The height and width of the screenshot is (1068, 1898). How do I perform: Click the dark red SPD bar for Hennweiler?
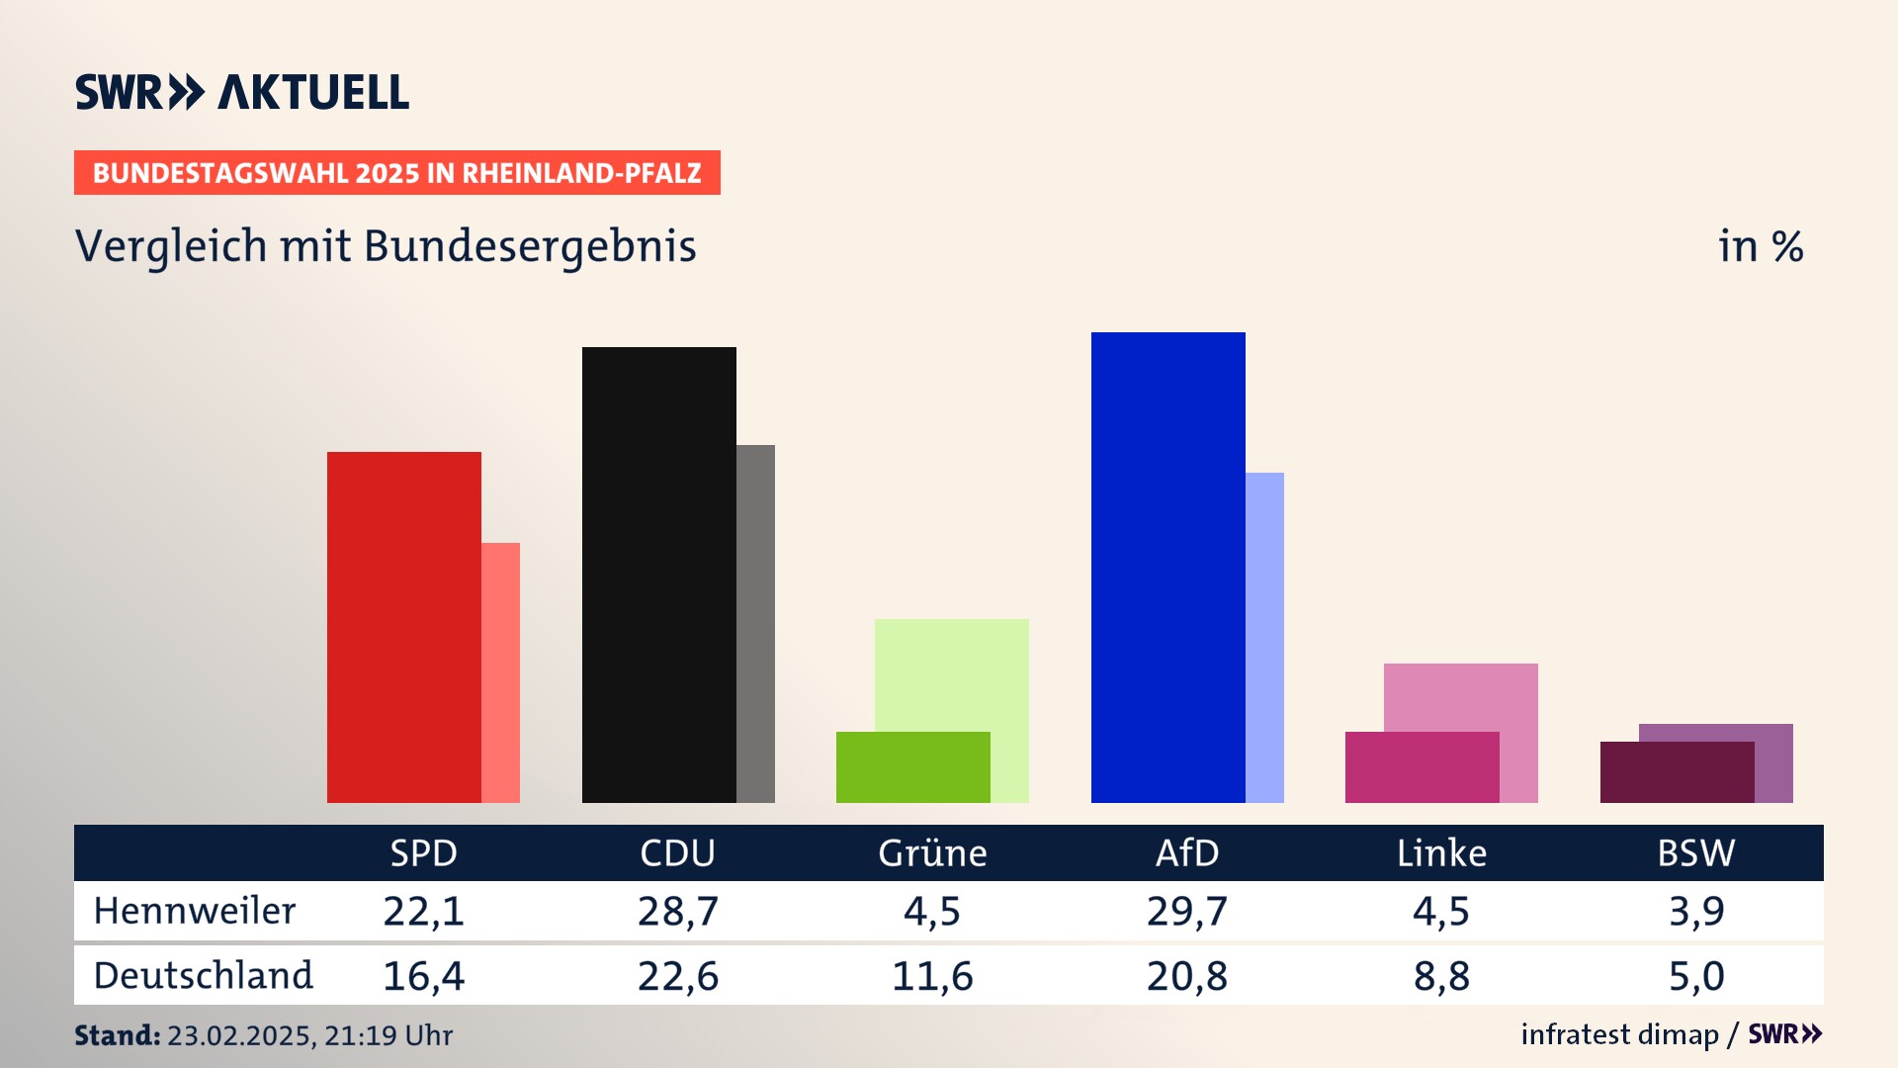[x=403, y=627]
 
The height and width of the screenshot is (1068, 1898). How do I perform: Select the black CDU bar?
[x=658, y=575]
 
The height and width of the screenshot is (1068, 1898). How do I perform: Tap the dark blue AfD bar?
[x=1167, y=567]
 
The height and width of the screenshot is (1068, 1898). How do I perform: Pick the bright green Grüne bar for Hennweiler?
[x=912, y=767]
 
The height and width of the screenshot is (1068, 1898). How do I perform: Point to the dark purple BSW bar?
[x=1677, y=772]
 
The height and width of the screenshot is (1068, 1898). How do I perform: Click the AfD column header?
[x=1187, y=853]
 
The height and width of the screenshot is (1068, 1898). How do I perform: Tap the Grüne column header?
[x=932, y=853]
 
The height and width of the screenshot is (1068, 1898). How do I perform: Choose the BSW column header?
[x=1696, y=853]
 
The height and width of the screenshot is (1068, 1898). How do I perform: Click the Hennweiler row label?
[x=195, y=911]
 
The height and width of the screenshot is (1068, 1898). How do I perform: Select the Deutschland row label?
[x=203, y=976]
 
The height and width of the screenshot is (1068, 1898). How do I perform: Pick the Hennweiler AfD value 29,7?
[x=1187, y=911]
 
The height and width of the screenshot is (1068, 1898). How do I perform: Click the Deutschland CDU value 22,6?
[x=678, y=976]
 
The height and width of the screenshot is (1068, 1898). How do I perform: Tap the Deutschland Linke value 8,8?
[x=1441, y=976]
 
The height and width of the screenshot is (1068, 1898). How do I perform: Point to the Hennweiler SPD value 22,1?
[x=423, y=911]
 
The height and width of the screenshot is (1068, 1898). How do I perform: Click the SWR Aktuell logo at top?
[x=242, y=92]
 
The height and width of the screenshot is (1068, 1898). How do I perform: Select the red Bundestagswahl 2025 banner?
[x=396, y=173]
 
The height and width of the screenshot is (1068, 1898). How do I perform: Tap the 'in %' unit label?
[x=1761, y=246]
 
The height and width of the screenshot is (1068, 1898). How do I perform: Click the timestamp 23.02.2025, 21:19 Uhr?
[x=309, y=1035]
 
